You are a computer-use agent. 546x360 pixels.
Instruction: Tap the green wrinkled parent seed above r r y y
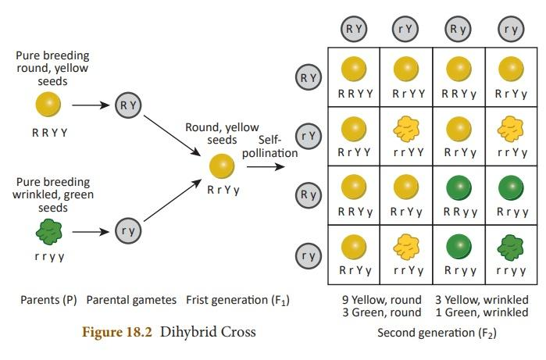point(49,232)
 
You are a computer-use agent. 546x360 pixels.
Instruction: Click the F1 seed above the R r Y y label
point(222,165)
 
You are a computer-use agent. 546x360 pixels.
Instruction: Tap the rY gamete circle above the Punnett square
point(405,29)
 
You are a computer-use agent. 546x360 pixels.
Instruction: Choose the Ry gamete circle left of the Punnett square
point(308,194)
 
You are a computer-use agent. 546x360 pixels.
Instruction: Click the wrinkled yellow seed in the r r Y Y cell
point(405,127)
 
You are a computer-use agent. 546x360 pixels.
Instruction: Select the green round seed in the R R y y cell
point(459,187)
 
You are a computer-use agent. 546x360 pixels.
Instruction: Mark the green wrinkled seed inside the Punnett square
point(511,247)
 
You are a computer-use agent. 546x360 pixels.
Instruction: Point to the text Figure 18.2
point(118,331)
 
